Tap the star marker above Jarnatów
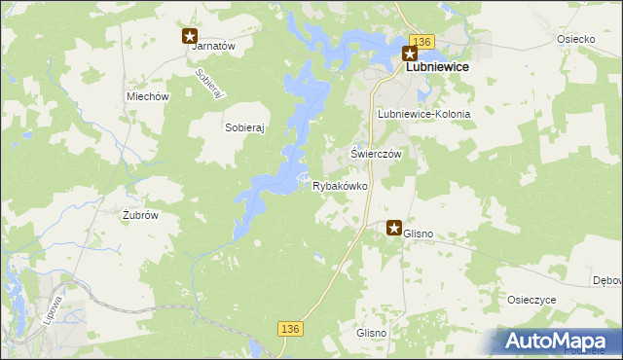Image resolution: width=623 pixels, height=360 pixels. click(190, 36)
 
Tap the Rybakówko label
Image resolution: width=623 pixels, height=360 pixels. click(340, 186)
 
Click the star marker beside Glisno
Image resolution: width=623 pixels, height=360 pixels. click(394, 229)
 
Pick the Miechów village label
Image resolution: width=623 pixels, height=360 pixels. click(148, 97)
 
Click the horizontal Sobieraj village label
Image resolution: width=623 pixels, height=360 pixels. click(245, 127)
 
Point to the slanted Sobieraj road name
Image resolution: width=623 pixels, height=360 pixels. click(210, 84)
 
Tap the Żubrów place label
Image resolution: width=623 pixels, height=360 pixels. click(140, 215)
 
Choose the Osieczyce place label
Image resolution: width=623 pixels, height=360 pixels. click(531, 300)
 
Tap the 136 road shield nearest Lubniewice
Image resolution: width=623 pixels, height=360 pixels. click(421, 41)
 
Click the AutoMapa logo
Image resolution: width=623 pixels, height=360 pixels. click(557, 341)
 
